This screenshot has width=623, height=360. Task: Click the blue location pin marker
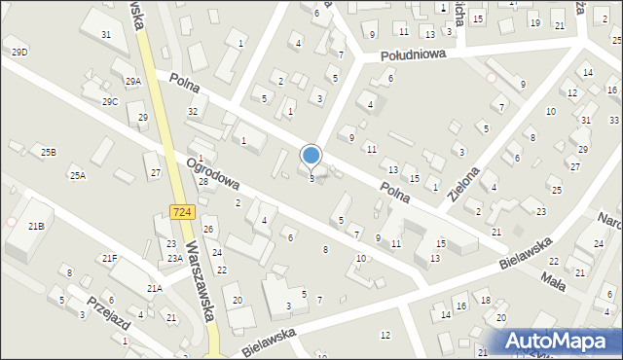coord(311,155)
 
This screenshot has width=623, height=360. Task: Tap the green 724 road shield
coord(180,211)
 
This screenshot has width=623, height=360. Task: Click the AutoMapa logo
coord(560,341)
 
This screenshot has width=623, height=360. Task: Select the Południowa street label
coord(414,54)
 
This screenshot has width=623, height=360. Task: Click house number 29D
coord(19,51)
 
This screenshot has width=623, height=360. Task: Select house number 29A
coord(133,81)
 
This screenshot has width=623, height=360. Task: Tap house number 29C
coord(110,101)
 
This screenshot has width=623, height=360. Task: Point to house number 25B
coord(48,152)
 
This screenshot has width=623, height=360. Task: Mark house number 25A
coord(77,175)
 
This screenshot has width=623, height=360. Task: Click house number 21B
coord(36,226)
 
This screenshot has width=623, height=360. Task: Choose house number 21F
coord(110,258)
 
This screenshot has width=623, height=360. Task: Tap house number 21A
coord(154,288)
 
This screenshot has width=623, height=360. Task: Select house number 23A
coord(174,258)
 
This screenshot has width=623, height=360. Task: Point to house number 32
coord(193,112)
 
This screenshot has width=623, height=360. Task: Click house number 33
coord(613,120)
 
